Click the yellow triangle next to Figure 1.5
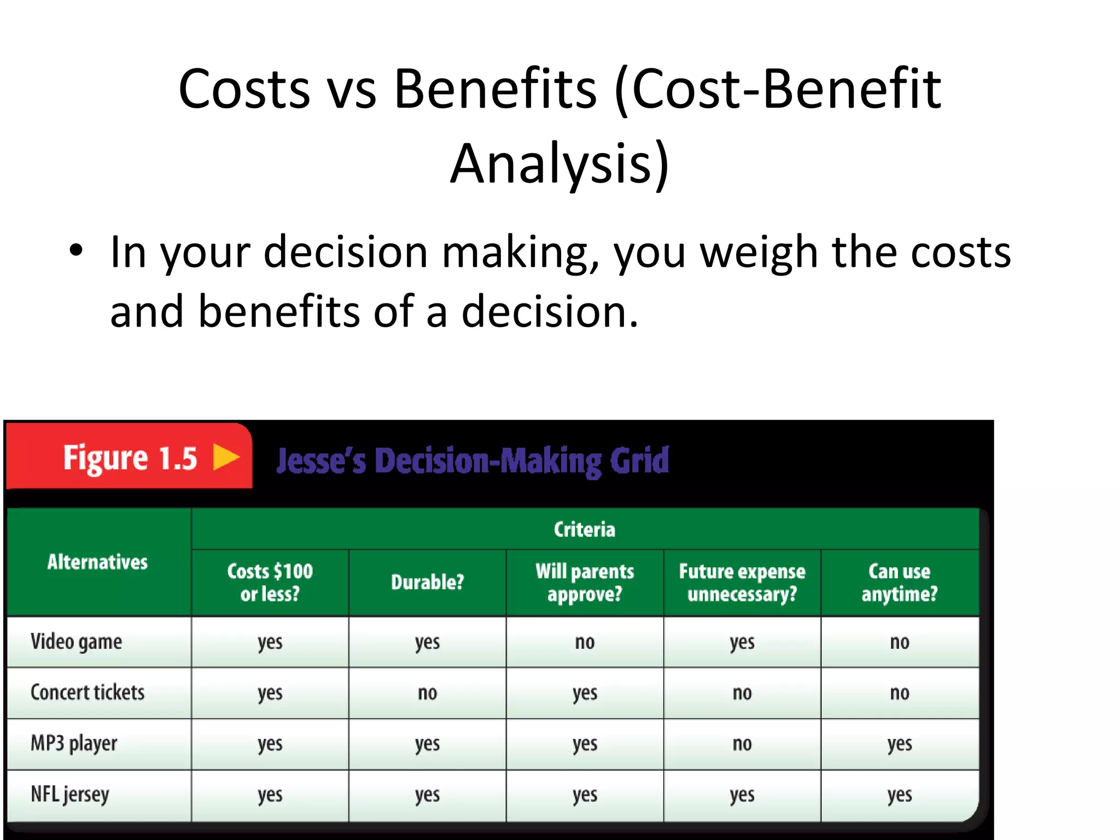(226, 457)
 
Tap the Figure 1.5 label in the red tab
(130, 458)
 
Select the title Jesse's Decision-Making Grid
(472, 460)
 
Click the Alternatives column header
(97, 562)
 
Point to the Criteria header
(584, 529)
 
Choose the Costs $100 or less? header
(270, 582)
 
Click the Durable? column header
(427, 582)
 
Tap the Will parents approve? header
(585, 582)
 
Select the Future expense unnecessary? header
(742, 582)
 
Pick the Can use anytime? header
(900, 582)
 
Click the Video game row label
(76, 641)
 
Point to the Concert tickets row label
(87, 692)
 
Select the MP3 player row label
(74, 743)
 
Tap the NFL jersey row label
(70, 795)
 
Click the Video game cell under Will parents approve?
(585, 642)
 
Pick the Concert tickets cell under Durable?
(427, 693)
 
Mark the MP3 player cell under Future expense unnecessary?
(742, 744)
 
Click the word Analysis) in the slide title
(559, 163)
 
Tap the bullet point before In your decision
(76, 252)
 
